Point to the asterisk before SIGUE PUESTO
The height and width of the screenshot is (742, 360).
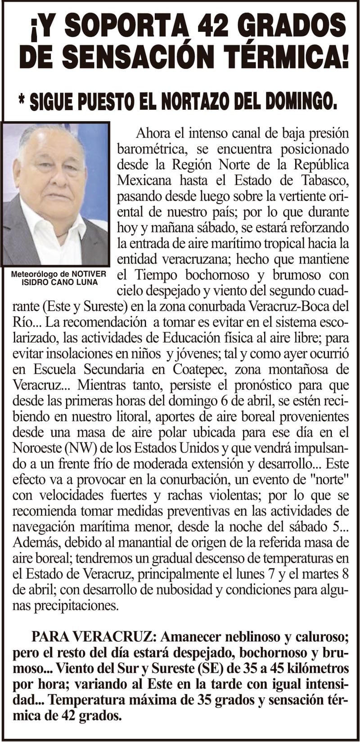click(22, 100)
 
